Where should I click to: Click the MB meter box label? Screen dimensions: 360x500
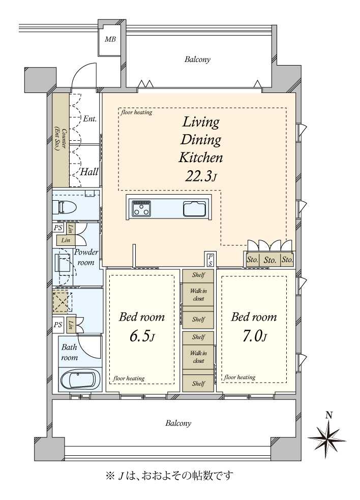[x=110, y=40]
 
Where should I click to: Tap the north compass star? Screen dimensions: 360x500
[x=327, y=439]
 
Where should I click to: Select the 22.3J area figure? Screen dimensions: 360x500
[x=201, y=176]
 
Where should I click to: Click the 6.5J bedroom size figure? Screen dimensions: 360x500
[x=142, y=336]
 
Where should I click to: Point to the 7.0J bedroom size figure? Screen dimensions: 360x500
[x=254, y=336]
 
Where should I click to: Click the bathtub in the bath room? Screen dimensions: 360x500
[x=80, y=379]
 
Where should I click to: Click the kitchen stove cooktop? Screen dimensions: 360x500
[x=142, y=208]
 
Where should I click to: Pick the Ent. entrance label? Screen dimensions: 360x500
[x=89, y=118]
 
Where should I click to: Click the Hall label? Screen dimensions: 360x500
[x=89, y=172]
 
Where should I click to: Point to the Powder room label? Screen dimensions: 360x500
[x=86, y=257]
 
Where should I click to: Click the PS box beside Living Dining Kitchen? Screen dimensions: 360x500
[x=211, y=260]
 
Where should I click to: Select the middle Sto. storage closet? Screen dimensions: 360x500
[x=270, y=260]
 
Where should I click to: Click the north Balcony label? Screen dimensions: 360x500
[x=198, y=59]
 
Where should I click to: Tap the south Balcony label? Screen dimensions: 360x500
[x=178, y=423]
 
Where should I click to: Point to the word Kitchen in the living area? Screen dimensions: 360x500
[x=201, y=158]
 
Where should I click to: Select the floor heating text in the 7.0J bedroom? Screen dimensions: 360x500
[x=239, y=377]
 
